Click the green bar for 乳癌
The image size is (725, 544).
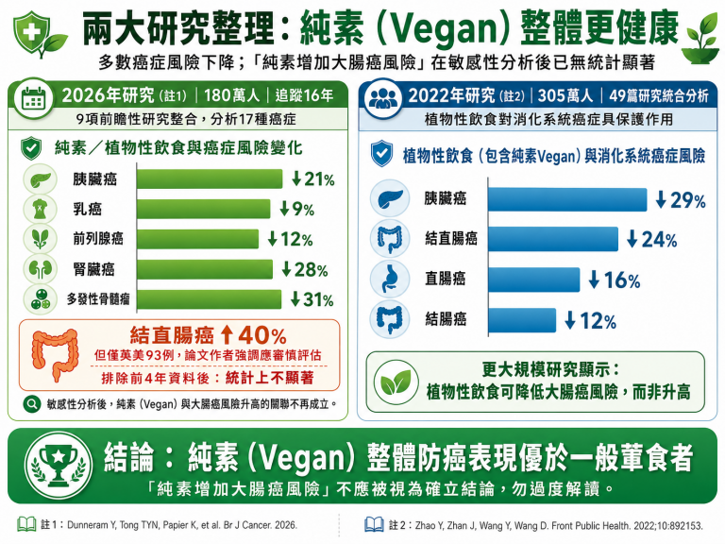tap(204, 209)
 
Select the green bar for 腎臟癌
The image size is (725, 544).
tap(205, 269)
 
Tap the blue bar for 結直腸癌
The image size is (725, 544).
tap(553, 239)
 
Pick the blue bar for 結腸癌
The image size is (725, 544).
tap(522, 320)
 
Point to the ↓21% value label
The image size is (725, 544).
tap(313, 179)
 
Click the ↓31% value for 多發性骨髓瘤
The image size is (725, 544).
tap(312, 299)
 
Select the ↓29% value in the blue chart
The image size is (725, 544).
tap(681, 200)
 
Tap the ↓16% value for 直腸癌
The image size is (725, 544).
tap(614, 280)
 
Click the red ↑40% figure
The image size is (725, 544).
tap(253, 334)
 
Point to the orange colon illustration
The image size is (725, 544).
tap(54, 353)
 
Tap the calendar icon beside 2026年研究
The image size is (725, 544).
tap(33, 98)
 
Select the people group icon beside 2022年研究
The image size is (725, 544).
tap(382, 98)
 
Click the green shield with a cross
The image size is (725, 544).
tap(31, 31)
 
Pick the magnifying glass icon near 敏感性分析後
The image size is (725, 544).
tap(31, 404)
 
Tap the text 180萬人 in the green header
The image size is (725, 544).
tap(231, 95)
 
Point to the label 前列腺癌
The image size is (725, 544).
tap(98, 239)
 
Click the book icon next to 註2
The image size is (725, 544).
tap(374, 524)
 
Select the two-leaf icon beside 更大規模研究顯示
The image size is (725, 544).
tap(396, 382)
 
